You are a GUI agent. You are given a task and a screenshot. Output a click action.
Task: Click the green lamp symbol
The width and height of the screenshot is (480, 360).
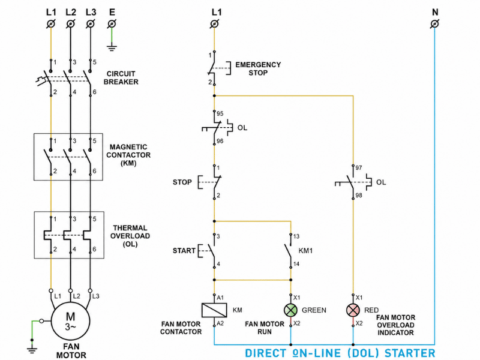coord(290,310)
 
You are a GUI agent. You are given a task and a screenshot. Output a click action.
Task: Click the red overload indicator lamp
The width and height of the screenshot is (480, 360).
coord(353,310)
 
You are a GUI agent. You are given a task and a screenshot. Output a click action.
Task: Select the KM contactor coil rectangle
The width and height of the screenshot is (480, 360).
coord(214,310)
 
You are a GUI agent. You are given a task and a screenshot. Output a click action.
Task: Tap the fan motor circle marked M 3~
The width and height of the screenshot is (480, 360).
coord(70,321)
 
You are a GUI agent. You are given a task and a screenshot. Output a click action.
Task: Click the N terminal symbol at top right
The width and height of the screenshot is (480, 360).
coord(434,23)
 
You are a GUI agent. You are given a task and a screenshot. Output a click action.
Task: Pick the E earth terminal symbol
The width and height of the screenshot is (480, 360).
coord(112,23)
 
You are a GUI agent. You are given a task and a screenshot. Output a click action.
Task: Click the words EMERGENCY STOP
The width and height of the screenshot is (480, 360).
coord(258,68)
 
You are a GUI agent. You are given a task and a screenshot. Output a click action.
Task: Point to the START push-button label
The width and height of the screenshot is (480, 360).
coord(184,251)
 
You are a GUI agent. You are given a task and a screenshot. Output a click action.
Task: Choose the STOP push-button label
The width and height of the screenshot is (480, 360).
coord(182,182)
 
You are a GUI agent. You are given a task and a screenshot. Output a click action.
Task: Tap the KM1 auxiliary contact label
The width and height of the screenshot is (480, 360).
coord(305,251)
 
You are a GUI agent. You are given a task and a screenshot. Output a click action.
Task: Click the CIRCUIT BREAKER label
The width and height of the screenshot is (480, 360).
coord(121,78)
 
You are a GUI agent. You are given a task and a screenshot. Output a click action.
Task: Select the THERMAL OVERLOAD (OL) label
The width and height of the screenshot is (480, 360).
coord(130,236)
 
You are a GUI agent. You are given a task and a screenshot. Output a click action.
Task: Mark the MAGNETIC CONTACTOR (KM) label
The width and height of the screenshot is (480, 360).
coord(128,155)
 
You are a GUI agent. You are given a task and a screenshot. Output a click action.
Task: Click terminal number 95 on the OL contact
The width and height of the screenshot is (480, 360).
coord(220,113)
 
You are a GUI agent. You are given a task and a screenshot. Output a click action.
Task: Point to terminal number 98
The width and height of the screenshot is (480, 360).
coord(359,195)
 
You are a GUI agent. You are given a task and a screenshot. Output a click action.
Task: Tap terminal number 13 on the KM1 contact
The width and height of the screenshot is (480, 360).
coord(296,236)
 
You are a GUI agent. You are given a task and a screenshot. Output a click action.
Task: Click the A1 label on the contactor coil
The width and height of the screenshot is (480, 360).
coord(220,298)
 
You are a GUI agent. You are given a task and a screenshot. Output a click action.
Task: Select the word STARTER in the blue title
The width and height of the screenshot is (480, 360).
coord(410,353)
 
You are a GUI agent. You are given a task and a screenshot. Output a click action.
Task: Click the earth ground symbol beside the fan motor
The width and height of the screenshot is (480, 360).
coord(32,349)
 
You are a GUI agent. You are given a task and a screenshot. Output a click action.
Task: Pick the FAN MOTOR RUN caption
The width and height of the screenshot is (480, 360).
coord(265,328)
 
